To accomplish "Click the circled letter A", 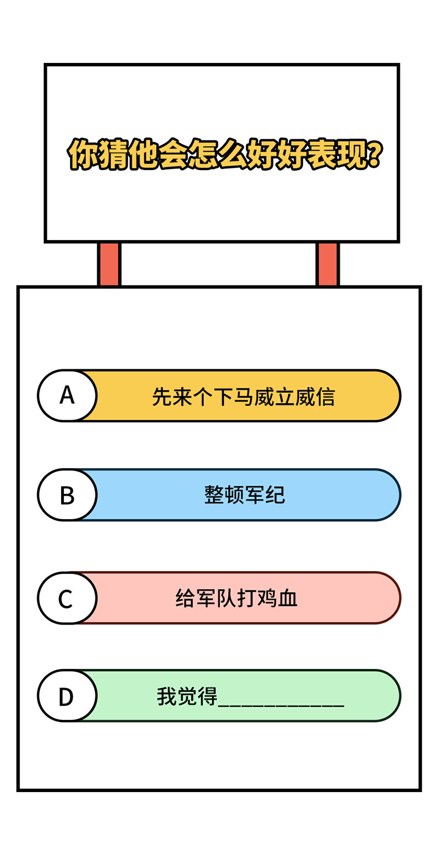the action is tap(67, 395).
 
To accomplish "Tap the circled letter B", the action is tap(67, 495).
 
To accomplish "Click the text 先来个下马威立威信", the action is tap(244, 397).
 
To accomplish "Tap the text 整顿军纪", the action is tap(245, 495).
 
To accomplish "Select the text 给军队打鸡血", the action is tap(236, 598).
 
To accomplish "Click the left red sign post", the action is tap(109, 264).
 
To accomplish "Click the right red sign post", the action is tap(327, 264).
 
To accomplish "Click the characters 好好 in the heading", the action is tap(277, 154).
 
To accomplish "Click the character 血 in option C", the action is tap(287, 598).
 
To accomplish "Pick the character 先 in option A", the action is tap(162, 397).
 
